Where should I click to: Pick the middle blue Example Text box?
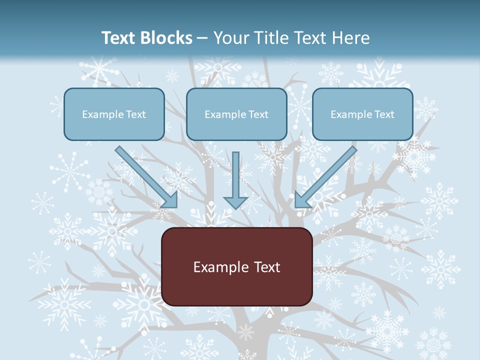coord(236,128)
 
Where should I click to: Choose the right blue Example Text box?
coord(362,128)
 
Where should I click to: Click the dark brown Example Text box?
coord(237,287)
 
